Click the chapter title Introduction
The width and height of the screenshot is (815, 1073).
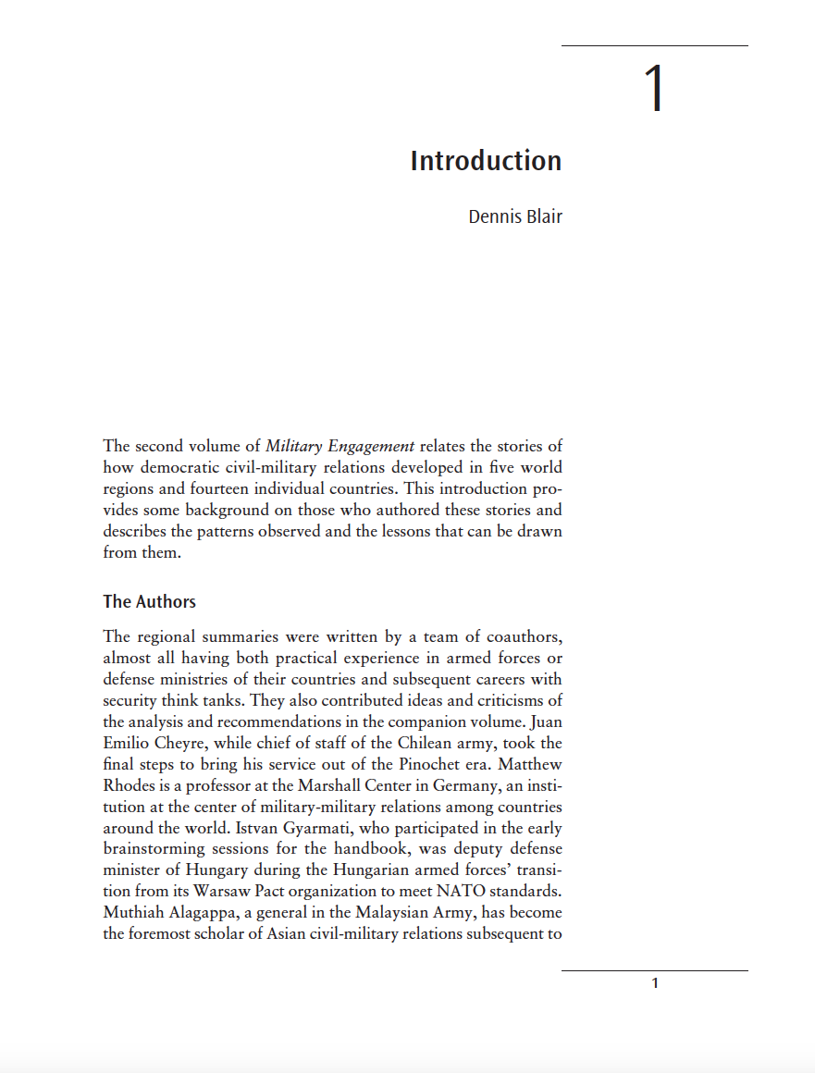(486, 161)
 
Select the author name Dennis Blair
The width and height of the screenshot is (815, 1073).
(515, 216)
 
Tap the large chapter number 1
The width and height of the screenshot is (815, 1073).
(654, 90)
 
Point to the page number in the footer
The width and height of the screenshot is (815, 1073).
(655, 983)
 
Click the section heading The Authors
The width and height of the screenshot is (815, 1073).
(149, 601)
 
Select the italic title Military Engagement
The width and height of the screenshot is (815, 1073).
(340, 446)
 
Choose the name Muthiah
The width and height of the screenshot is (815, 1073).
(136, 913)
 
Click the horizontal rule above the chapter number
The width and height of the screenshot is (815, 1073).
(654, 45)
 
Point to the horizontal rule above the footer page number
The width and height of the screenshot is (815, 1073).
(654, 970)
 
